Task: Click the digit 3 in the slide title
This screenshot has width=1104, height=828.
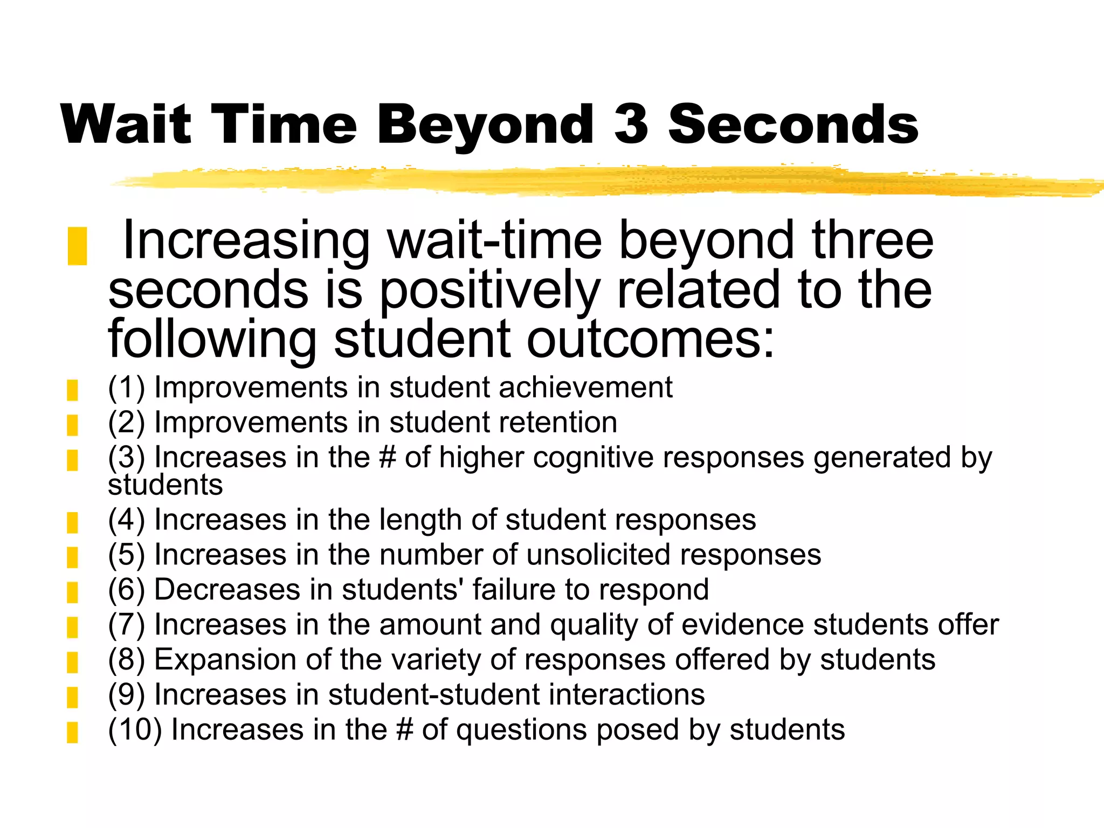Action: coord(631,125)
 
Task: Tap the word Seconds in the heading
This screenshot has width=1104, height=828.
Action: coord(793,125)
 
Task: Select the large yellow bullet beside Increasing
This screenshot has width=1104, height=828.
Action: coord(77,246)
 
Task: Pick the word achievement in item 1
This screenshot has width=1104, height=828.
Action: coord(585,388)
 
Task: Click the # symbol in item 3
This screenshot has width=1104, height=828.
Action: coord(388,458)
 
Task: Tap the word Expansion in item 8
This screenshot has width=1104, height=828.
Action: coord(225,659)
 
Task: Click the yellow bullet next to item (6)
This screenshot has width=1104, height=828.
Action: coord(72,592)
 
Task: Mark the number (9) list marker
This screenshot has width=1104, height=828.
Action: coord(126,694)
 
